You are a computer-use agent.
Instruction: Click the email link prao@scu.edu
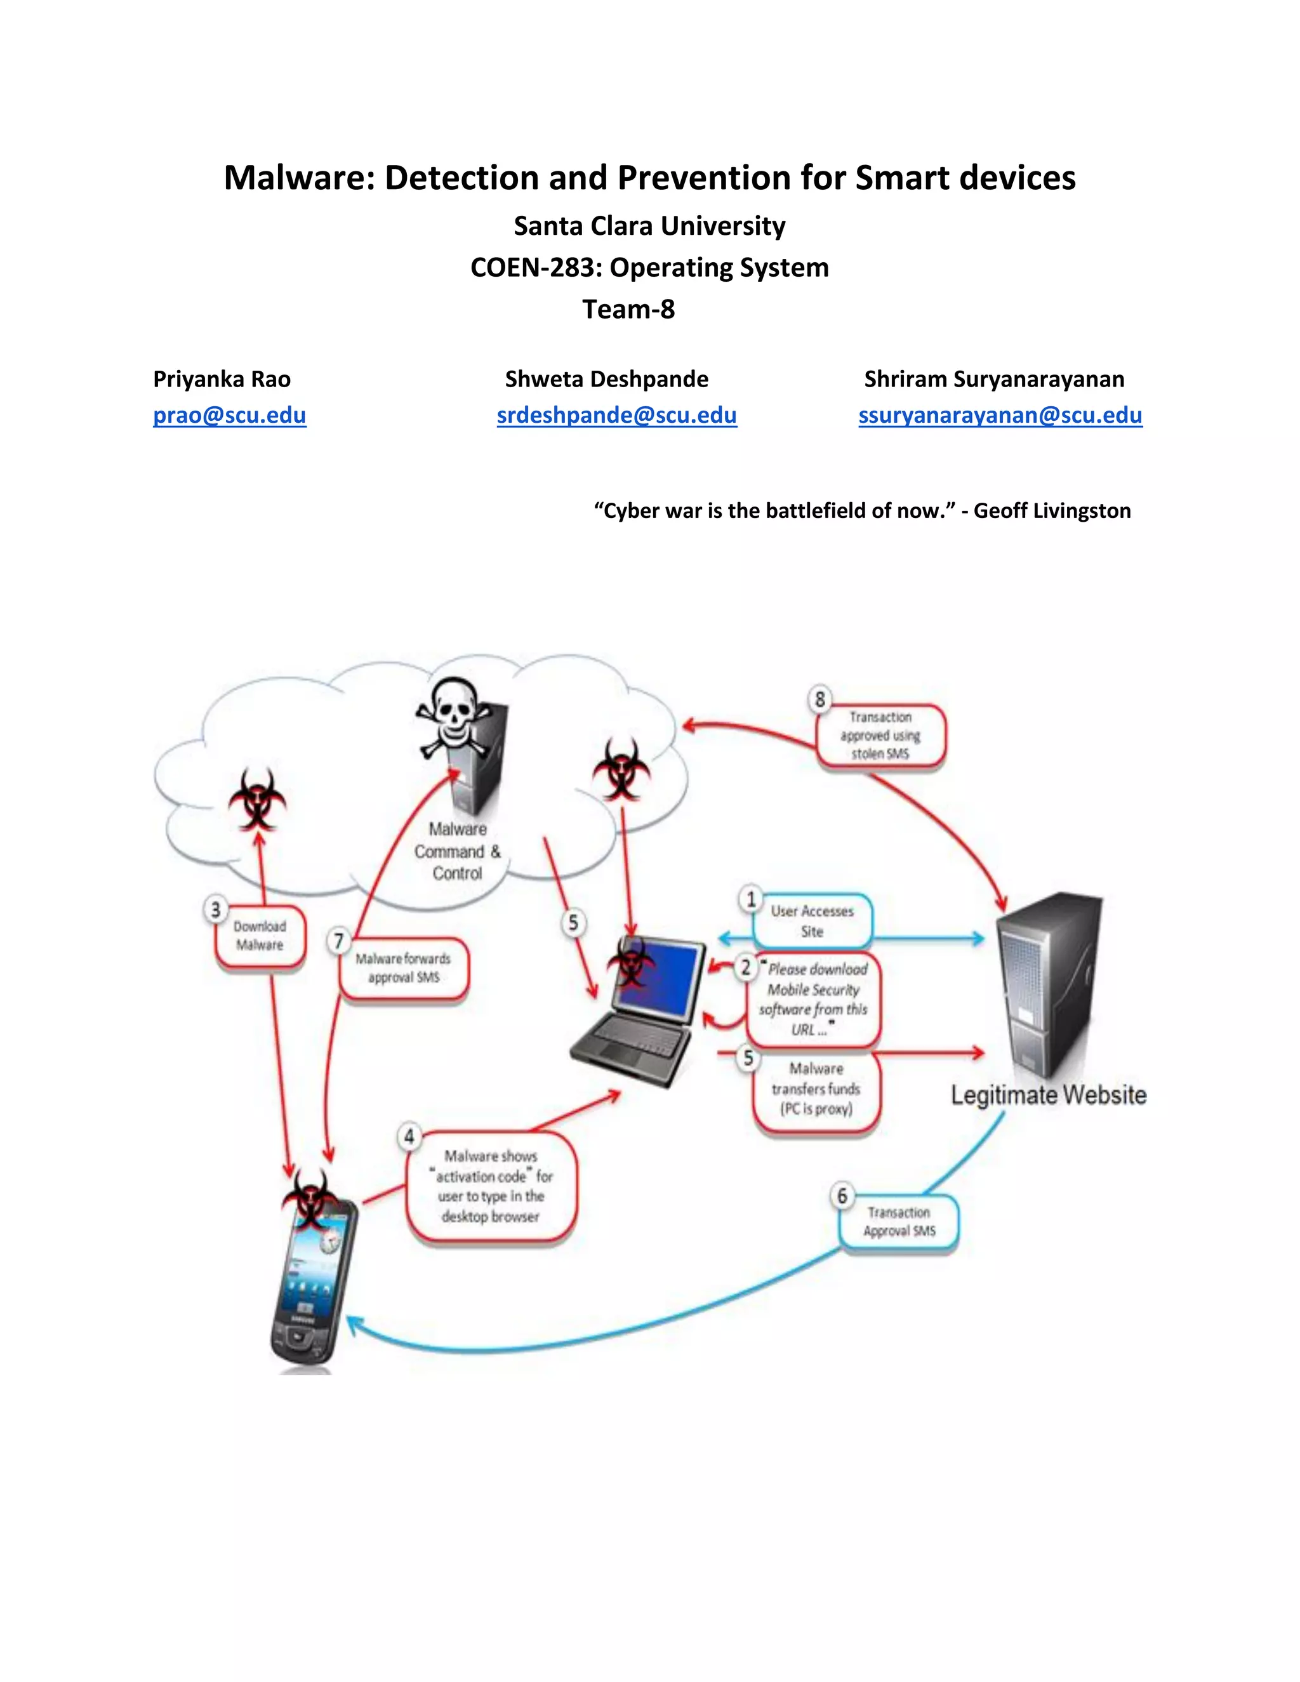click(230, 415)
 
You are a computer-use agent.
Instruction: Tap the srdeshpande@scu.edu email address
click(616, 415)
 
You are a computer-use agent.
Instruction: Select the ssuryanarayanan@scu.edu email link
click(1000, 415)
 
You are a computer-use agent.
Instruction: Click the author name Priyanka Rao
click(222, 379)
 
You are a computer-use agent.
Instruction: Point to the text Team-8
click(628, 309)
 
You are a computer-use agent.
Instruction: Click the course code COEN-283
click(536, 267)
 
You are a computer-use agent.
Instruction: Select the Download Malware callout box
click(260, 936)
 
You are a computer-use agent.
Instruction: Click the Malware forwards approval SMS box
click(404, 968)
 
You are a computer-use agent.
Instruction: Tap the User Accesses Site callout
click(812, 921)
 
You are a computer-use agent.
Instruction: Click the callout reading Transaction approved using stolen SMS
click(880, 736)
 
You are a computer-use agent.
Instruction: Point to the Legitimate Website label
click(1048, 1095)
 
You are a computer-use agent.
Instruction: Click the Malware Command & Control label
click(458, 851)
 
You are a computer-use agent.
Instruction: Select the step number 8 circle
click(820, 699)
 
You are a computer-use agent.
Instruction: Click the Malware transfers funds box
click(816, 1089)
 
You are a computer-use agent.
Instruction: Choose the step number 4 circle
click(409, 1137)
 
